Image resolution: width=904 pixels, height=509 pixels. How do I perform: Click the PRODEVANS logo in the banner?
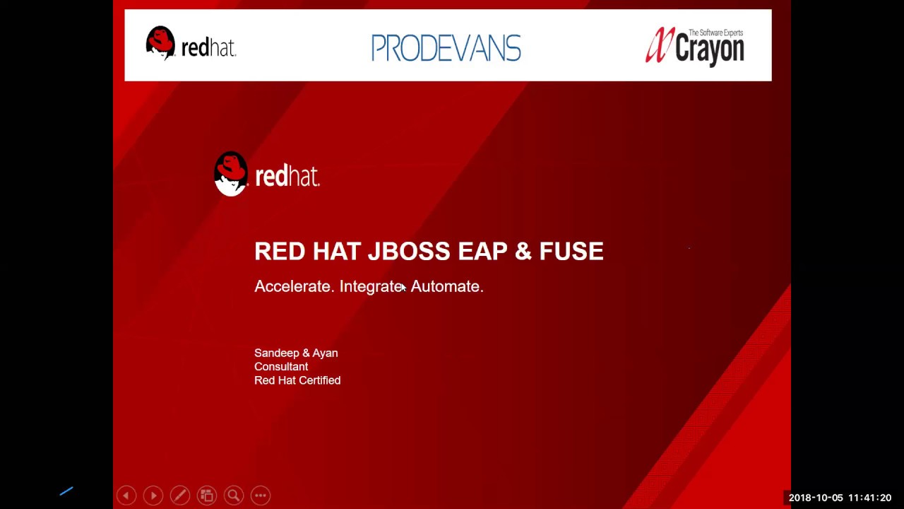446,47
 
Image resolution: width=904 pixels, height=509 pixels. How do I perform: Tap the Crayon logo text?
709,49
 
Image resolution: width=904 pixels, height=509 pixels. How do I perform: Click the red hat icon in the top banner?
160,42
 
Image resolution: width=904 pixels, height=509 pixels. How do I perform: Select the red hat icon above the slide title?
231,173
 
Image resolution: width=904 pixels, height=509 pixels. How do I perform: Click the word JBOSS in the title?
409,251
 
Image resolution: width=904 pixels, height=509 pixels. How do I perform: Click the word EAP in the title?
482,251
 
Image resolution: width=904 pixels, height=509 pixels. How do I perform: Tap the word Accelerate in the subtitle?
292,286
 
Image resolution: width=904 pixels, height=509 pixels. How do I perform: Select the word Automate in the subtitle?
446,286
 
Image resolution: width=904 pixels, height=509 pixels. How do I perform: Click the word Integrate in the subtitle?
371,286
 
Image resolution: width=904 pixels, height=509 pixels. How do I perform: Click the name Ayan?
324,353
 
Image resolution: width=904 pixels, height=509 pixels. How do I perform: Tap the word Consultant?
281,367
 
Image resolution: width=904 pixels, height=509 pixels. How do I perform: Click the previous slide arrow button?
126,496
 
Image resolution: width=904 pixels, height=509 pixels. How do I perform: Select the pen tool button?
179,496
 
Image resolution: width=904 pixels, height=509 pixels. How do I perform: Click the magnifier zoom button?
233,496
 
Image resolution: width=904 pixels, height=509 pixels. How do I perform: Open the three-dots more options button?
260,496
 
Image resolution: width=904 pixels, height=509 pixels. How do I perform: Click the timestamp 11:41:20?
870,498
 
